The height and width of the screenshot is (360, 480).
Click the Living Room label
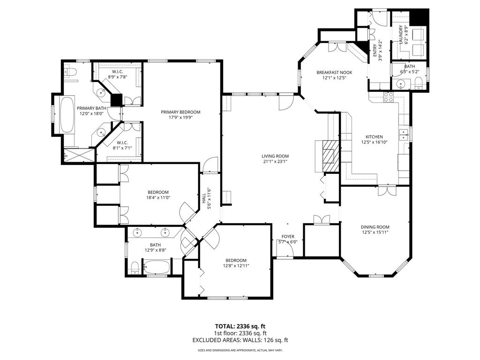pyautogui.click(x=275, y=156)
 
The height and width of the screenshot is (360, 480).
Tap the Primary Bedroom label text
pyautogui.click(x=180, y=112)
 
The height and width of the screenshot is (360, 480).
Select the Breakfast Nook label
pyautogui.click(x=334, y=72)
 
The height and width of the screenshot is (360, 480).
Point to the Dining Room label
pyautogui.click(x=375, y=226)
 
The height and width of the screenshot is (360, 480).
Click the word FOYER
pyautogui.click(x=288, y=236)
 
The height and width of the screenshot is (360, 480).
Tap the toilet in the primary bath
pyautogui.click(x=70, y=72)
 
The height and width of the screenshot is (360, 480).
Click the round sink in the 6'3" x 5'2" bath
pyautogui.click(x=400, y=85)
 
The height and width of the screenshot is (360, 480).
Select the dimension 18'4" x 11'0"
pyautogui.click(x=158, y=198)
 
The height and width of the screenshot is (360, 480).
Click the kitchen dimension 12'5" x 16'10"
pyautogui.click(x=375, y=142)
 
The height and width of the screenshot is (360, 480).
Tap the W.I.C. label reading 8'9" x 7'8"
pyautogui.click(x=118, y=77)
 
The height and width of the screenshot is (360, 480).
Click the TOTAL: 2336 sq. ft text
pyautogui.click(x=240, y=326)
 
